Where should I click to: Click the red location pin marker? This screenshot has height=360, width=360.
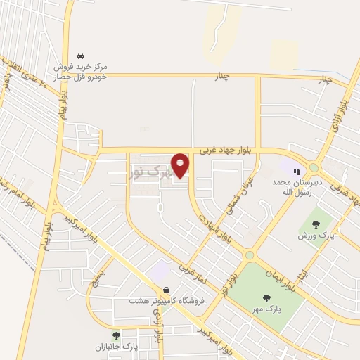pyautogui.click(x=181, y=165)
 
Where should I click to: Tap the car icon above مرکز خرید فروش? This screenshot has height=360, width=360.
pyautogui.click(x=82, y=55)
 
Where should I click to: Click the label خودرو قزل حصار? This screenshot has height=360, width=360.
pyautogui.click(x=82, y=75)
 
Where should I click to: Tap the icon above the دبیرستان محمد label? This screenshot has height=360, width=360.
pyautogui.click(x=297, y=170)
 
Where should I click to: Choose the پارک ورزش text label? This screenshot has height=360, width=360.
pyautogui.click(x=314, y=235)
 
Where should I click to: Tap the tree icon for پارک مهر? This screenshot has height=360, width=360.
pyautogui.click(x=266, y=297)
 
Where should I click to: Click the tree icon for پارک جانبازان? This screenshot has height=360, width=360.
pyautogui.click(x=116, y=335)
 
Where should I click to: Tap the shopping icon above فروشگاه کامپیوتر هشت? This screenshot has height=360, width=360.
pyautogui.click(x=166, y=289)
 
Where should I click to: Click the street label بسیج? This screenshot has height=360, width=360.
pyautogui.click(x=100, y=271)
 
